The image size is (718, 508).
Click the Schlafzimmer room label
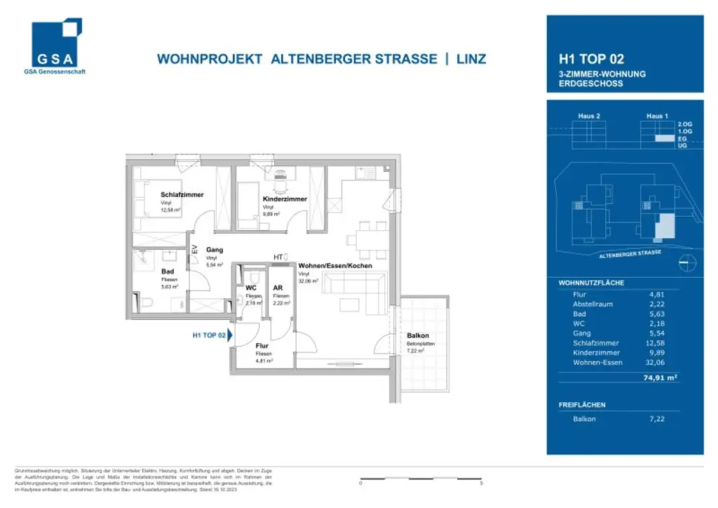[x=182, y=195]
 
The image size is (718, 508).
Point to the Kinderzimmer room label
[x=285, y=199]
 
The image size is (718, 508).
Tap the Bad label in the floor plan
[x=167, y=271]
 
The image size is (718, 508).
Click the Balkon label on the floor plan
[x=417, y=335]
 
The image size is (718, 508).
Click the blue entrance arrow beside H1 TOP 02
[x=229, y=335]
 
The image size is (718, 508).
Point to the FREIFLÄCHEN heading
[x=582, y=405]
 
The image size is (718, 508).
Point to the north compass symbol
[x=688, y=262]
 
